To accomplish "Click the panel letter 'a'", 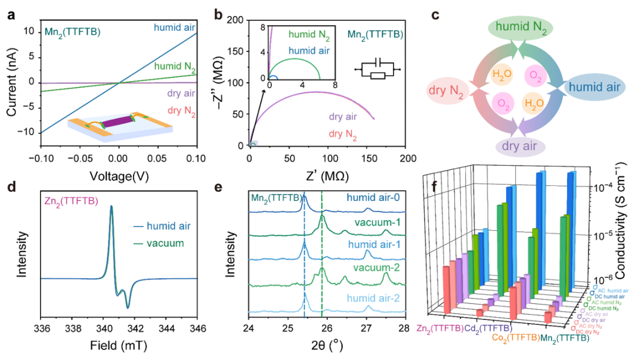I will tap(10, 13).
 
